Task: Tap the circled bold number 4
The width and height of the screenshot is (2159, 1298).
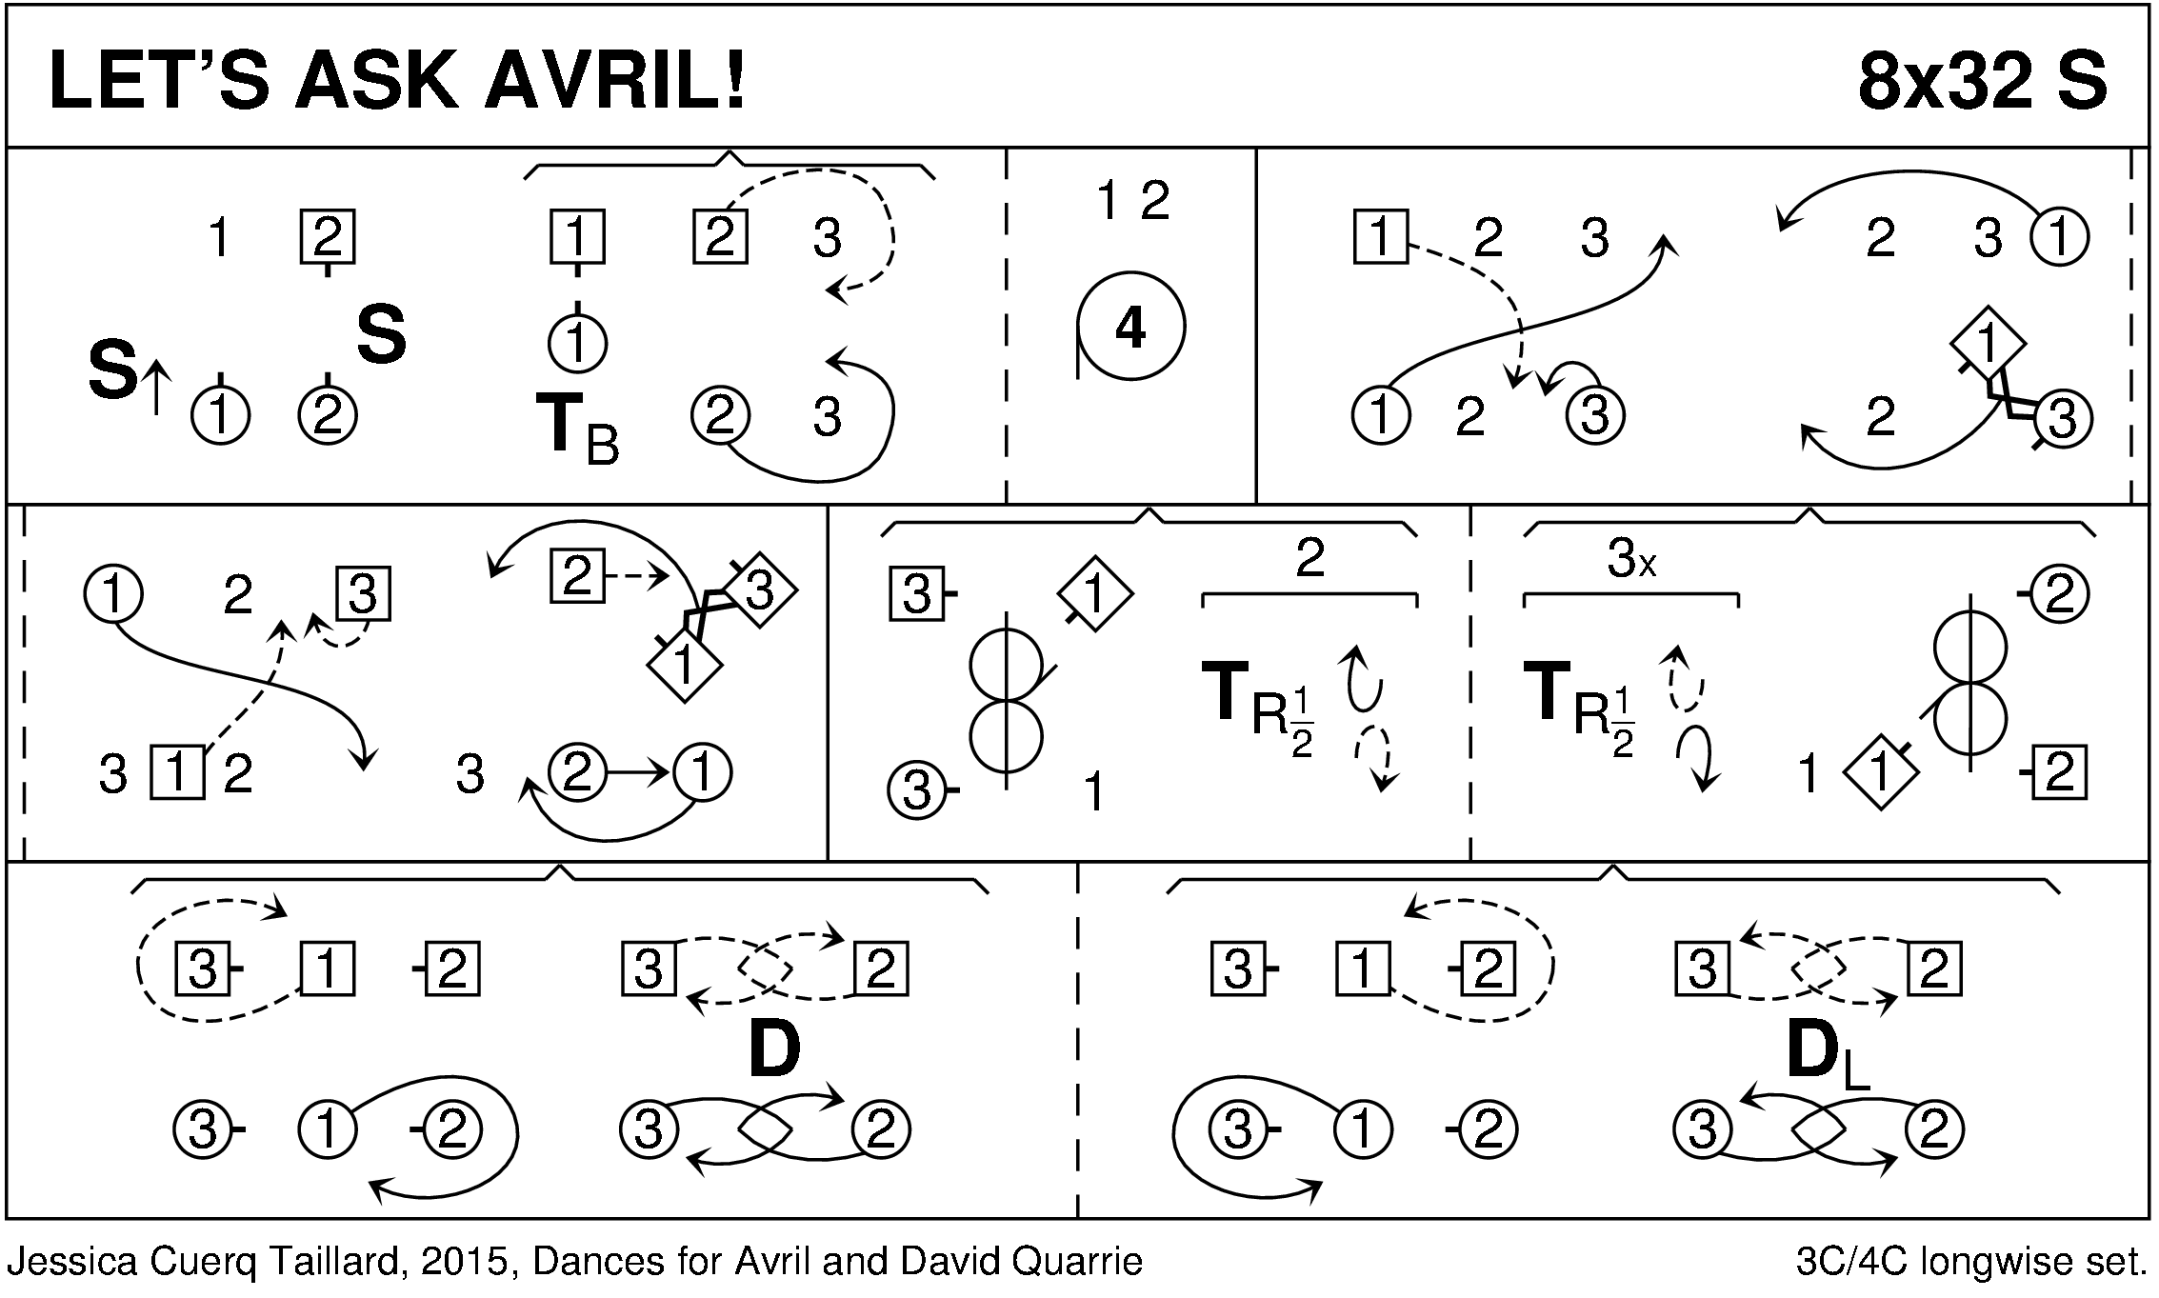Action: tap(1129, 329)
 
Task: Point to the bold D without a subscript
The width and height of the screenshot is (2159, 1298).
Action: tap(773, 1050)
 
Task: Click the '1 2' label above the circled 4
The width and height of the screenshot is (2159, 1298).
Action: tap(1132, 201)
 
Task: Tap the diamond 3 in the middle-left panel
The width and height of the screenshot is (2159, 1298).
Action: tap(758, 591)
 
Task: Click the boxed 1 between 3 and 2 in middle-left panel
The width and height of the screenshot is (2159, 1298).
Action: tap(178, 773)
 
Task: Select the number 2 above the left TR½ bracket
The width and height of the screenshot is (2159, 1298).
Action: tap(1309, 558)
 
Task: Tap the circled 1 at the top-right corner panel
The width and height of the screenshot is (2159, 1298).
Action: tap(2060, 236)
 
